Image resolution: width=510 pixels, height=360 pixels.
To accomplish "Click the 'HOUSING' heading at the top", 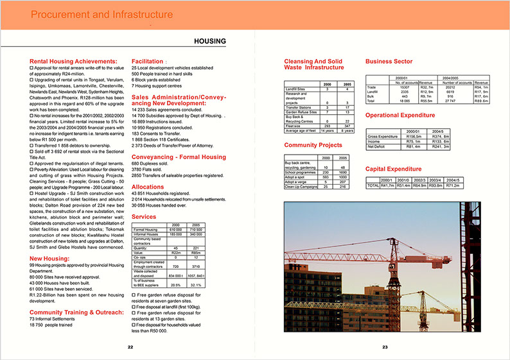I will [209, 42].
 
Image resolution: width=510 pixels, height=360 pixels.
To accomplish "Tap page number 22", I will [130, 347].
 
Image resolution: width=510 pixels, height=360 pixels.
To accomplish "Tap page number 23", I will [385, 347].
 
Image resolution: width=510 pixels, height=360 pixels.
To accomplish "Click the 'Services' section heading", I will [144, 218].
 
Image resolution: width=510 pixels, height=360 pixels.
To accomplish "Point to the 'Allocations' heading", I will [148, 186].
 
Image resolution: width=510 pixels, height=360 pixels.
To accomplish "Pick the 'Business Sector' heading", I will [389, 62].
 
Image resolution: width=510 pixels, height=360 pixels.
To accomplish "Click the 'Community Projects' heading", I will [313, 145].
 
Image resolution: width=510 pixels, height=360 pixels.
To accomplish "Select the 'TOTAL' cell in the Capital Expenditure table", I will [373, 185].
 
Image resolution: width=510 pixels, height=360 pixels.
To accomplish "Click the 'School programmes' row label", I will [299, 172].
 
